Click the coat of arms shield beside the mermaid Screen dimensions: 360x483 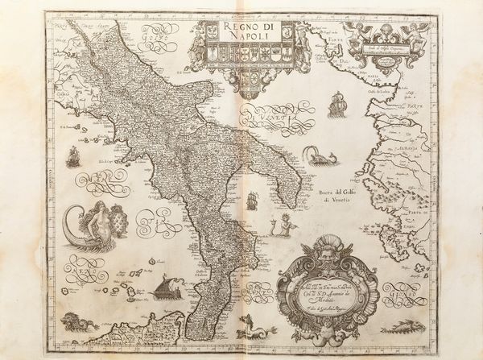tap(119, 220)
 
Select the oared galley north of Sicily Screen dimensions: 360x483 tap(168, 288)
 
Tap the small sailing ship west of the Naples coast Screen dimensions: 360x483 tap(72, 155)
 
